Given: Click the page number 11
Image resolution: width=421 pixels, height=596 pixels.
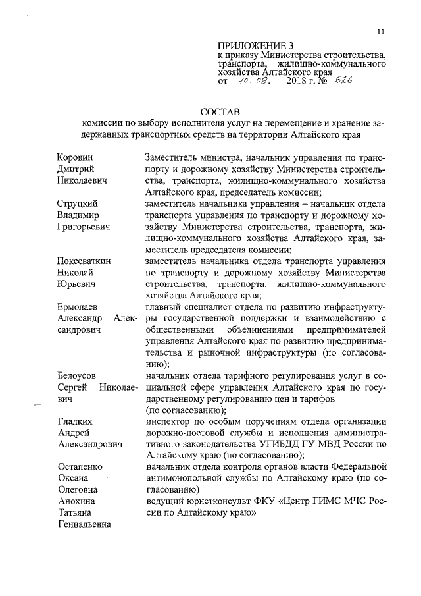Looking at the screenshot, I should point(380,32).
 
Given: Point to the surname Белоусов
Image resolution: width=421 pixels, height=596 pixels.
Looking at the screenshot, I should point(77,375).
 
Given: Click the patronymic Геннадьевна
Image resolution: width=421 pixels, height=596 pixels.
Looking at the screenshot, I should point(84,524).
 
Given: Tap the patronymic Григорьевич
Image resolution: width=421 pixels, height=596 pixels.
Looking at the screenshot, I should point(83,227).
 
